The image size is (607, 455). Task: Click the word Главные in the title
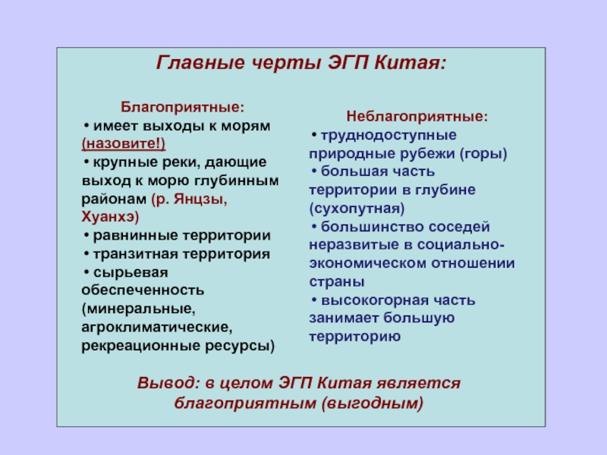[x=200, y=63]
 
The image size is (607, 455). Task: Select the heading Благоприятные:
[x=182, y=107]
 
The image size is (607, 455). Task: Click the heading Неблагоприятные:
[x=417, y=117]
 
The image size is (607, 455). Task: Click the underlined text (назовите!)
[x=124, y=143]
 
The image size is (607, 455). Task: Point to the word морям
[x=245, y=126]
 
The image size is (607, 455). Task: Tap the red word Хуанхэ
[x=108, y=217]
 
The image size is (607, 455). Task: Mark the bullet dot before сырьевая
[x=86, y=272]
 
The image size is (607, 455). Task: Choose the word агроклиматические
[x=157, y=328]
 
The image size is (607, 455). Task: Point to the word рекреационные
[x=141, y=346]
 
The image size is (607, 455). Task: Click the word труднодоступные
[x=388, y=136]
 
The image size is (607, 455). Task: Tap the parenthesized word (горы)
[x=483, y=154]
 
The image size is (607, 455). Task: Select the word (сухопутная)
[x=357, y=209]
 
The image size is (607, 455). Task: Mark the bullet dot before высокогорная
[x=314, y=300]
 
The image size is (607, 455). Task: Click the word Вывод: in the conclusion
[x=168, y=383]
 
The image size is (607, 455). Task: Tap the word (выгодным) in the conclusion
[x=373, y=403]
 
